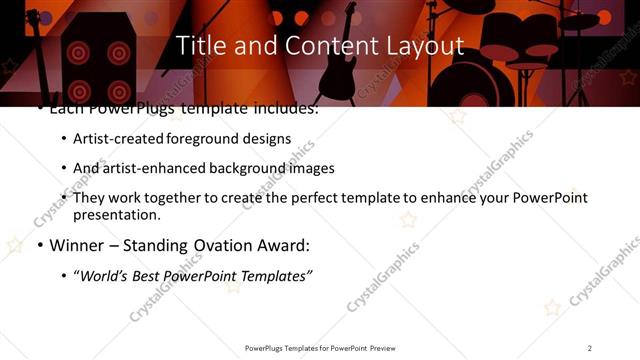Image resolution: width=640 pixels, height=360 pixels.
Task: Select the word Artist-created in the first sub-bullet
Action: click(x=113, y=139)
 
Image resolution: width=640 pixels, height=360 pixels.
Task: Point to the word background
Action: click(x=228, y=168)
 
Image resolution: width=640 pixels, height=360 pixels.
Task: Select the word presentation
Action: click(x=115, y=215)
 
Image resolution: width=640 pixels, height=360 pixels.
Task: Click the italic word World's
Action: click(x=105, y=276)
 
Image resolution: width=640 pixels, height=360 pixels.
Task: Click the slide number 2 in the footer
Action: click(x=590, y=347)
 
